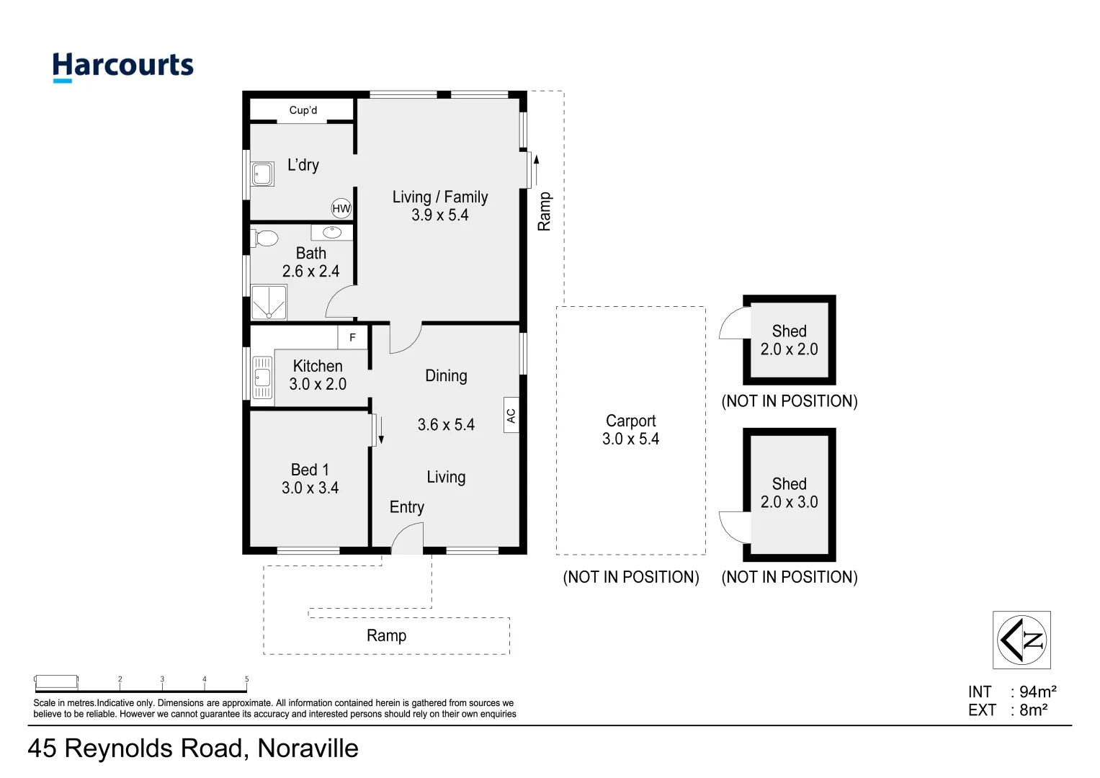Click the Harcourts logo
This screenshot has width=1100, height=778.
pyautogui.click(x=122, y=66)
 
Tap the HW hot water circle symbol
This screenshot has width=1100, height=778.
pyautogui.click(x=341, y=209)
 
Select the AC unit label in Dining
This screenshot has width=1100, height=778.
pyautogui.click(x=511, y=416)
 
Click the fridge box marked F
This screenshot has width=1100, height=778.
pyautogui.click(x=352, y=337)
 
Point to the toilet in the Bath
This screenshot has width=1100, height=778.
pyautogui.click(x=264, y=238)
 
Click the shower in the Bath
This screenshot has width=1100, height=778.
pyautogui.click(x=269, y=303)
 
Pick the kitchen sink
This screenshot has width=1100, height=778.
pyautogui.click(x=262, y=377)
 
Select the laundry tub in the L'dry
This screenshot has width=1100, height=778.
pyautogui.click(x=262, y=174)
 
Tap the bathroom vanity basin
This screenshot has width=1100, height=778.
pyautogui.click(x=332, y=232)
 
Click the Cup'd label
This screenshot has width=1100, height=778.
pyautogui.click(x=303, y=110)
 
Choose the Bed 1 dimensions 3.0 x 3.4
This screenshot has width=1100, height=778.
pyautogui.click(x=310, y=488)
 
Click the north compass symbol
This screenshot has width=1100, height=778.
pyautogui.click(x=1021, y=640)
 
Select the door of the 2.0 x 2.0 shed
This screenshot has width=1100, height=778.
pyautogui.click(x=735, y=323)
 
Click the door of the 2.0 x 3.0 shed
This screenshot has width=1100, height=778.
pyautogui.click(x=735, y=527)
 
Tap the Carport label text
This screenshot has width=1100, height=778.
pyautogui.click(x=630, y=421)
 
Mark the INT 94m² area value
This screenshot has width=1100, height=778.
pyautogui.click(x=1037, y=692)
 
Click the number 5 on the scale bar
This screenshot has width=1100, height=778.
pyautogui.click(x=246, y=679)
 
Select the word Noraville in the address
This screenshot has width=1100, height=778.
pyautogui.click(x=308, y=748)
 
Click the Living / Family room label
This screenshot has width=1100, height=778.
pyautogui.click(x=439, y=197)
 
